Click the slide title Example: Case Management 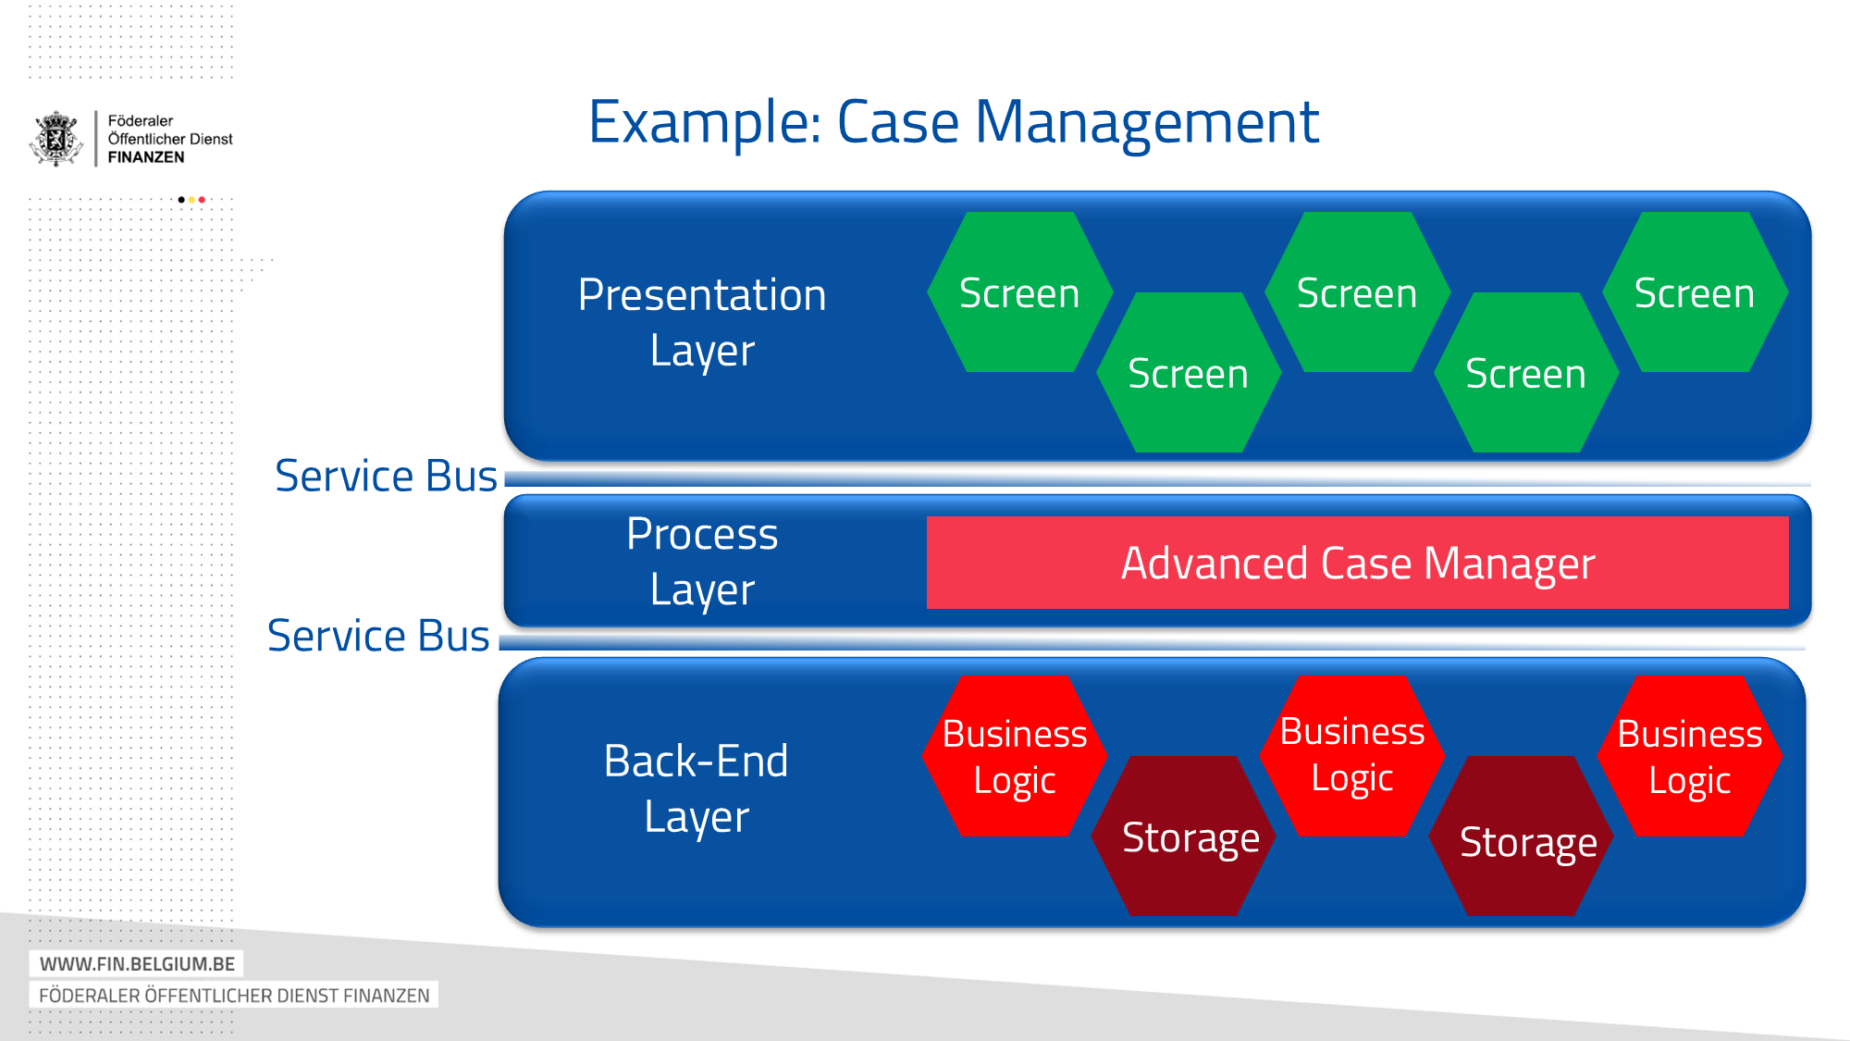pyautogui.click(x=953, y=122)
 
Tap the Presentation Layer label pyautogui.click(x=701, y=322)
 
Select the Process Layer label pyautogui.click(x=701, y=561)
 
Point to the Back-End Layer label pyautogui.click(x=696, y=788)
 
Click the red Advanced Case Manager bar pyautogui.click(x=1357, y=563)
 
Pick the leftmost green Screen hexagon pyautogui.click(x=1019, y=292)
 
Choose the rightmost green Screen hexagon pyautogui.click(x=1694, y=292)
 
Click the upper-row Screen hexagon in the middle pyautogui.click(x=1356, y=292)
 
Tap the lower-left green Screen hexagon pyautogui.click(x=1188, y=373)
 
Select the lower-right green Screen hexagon pyautogui.click(x=1525, y=373)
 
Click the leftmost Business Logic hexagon pyautogui.click(x=1014, y=756)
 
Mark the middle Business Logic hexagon pyautogui.click(x=1351, y=754)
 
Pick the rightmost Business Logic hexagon pyautogui.click(x=1689, y=756)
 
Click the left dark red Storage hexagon pyautogui.click(x=1190, y=837)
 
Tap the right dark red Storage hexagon pyautogui.click(x=1527, y=840)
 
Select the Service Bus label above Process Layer pyautogui.click(x=386, y=476)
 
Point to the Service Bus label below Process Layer pyautogui.click(x=378, y=636)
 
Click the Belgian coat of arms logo pyautogui.click(x=56, y=139)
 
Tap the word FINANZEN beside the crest pyautogui.click(x=146, y=157)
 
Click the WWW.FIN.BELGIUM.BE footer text pyautogui.click(x=137, y=963)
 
